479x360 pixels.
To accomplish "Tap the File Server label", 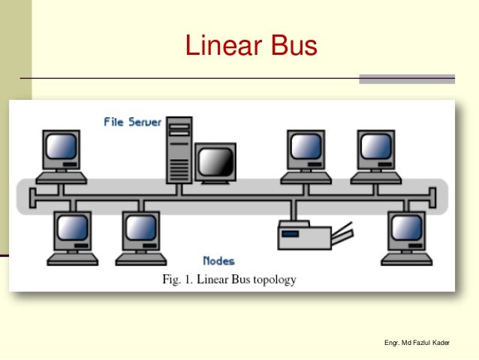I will (132, 122).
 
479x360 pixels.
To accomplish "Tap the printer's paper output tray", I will (342, 235).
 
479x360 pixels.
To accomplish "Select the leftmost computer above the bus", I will (62, 154).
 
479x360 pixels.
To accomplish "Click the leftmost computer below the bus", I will (74, 236).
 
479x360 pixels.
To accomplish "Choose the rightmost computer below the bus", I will (406, 236).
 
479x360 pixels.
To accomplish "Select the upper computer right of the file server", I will (306, 154).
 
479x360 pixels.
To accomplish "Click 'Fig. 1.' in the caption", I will (179, 280).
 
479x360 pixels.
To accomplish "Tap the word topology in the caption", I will (270, 280).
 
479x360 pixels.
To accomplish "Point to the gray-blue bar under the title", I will (407, 79).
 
